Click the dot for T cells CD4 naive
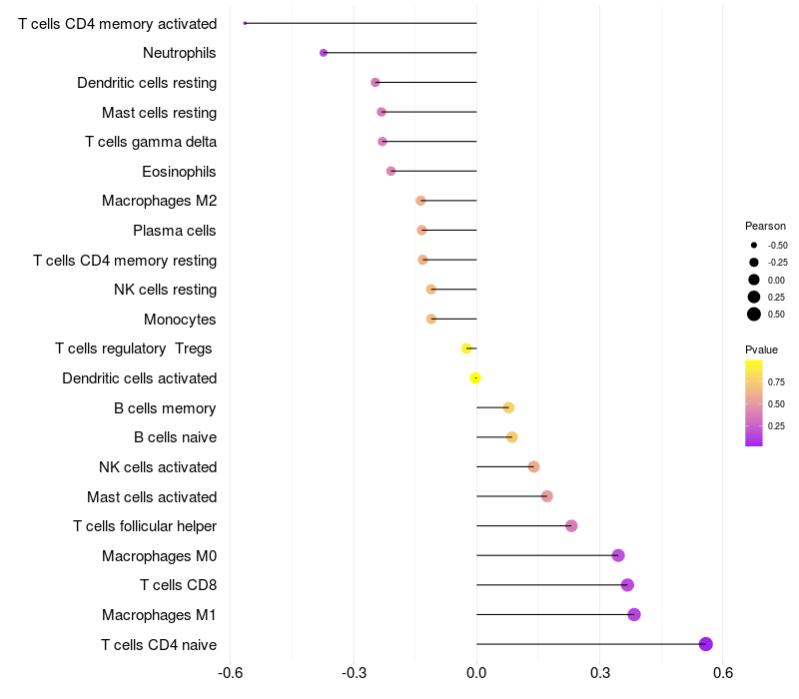(x=706, y=644)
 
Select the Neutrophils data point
(x=324, y=53)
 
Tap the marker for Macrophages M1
(x=634, y=614)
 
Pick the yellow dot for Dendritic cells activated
(x=475, y=377)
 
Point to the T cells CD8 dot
(x=627, y=585)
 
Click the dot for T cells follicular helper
(x=571, y=526)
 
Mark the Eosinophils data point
(x=391, y=171)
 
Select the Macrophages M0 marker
(x=618, y=555)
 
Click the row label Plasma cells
(x=175, y=231)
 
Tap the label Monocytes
(x=180, y=320)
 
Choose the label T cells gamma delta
(x=151, y=142)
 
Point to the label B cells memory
(x=166, y=407)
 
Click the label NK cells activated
(x=158, y=467)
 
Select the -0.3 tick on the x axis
(x=354, y=673)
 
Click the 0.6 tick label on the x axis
(x=723, y=673)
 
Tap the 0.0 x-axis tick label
(x=476, y=673)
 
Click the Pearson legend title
(x=765, y=226)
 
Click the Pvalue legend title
(x=761, y=349)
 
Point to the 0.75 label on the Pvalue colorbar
(x=776, y=381)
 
